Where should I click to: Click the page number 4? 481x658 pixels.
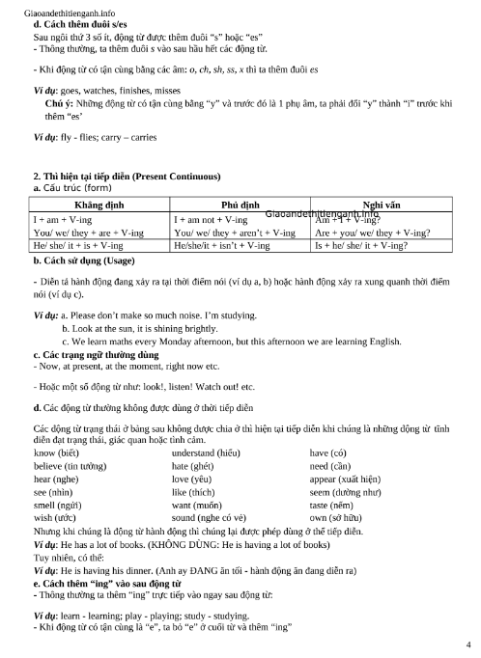pyautogui.click(x=468, y=644)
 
